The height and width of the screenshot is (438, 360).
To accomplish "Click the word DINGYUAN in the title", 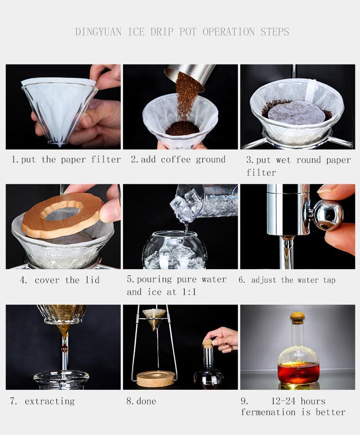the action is tap(98, 31).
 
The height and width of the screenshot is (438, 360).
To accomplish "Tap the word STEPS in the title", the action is tap(275, 31).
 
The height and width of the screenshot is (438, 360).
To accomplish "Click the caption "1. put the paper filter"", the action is tap(67, 159).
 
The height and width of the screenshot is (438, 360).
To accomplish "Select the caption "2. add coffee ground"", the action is tap(178, 159).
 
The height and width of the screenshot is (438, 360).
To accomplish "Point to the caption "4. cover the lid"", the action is tap(60, 280).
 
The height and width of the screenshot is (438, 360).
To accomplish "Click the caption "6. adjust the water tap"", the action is tap(287, 280).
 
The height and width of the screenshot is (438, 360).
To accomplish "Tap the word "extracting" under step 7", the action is tap(50, 402).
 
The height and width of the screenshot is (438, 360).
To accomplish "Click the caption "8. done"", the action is tap(141, 401).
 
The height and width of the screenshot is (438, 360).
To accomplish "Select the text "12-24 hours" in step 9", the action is tap(298, 401).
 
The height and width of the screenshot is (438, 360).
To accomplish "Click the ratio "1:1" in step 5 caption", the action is tap(189, 292).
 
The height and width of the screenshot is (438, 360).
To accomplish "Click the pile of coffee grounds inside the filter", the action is tap(182, 128).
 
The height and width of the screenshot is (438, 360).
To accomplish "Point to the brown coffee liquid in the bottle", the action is tap(298, 373).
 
